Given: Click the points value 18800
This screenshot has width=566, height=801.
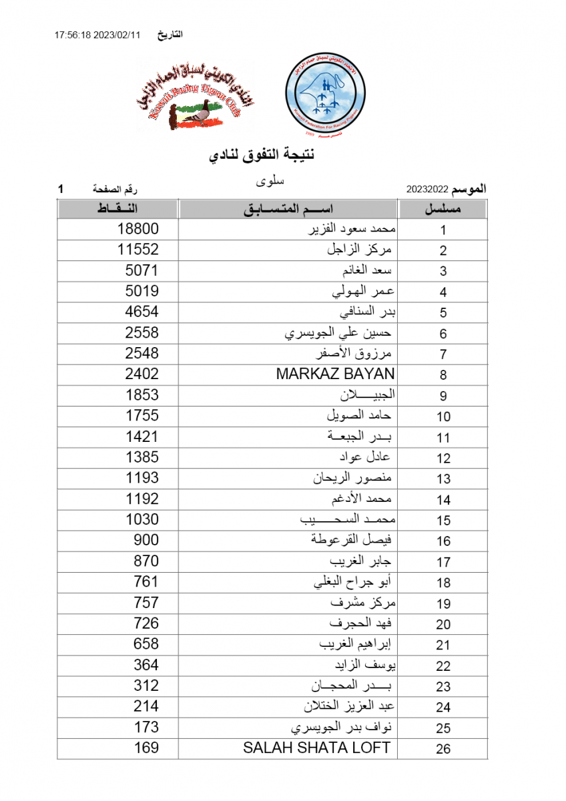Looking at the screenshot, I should coord(138,229).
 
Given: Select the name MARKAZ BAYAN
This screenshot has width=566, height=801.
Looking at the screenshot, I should coord(335,374).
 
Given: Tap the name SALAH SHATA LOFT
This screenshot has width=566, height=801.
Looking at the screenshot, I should coord(316,748).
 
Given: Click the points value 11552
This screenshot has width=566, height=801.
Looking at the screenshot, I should coord(138,250).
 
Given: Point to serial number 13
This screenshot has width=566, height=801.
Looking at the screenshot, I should coord(443,479).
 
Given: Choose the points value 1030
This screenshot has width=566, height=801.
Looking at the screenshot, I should coord(141,519).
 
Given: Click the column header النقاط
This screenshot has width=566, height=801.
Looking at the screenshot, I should coord(117,209).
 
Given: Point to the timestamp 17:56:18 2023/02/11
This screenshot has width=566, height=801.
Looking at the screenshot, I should coord(97,35).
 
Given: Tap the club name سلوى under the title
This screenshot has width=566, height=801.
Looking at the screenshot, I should coord(270,180).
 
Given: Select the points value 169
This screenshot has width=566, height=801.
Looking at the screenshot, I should coord(146,748).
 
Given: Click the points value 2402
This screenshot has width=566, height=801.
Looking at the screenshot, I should coord(141,374).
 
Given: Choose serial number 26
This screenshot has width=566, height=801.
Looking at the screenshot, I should coord(443,749).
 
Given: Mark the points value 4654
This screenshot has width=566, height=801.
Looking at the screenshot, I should coord(141,312).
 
